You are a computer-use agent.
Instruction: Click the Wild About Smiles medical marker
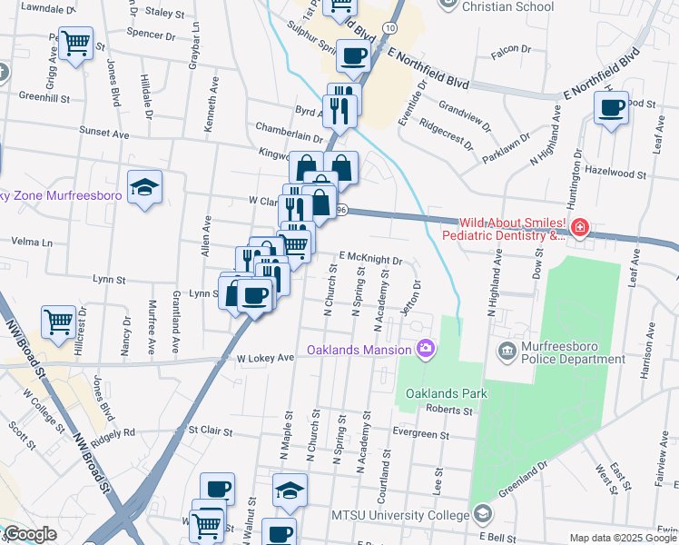click(579, 227)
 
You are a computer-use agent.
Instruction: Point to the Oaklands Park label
click(447, 393)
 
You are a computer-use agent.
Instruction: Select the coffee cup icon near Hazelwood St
click(611, 108)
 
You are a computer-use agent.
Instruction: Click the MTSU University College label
click(400, 515)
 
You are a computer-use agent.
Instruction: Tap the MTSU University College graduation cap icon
click(483, 515)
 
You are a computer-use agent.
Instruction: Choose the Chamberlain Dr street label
click(290, 136)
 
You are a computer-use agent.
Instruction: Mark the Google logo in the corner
click(29, 535)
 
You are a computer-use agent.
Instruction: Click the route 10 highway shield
click(388, 29)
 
